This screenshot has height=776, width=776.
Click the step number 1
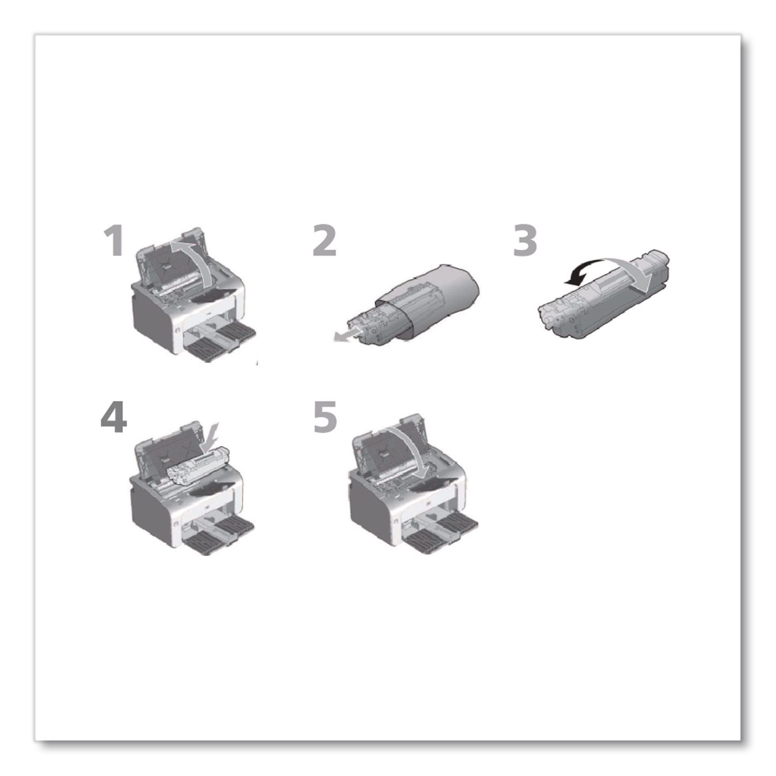114,242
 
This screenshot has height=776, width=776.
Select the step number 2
324,242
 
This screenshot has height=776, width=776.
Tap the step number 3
525,242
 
